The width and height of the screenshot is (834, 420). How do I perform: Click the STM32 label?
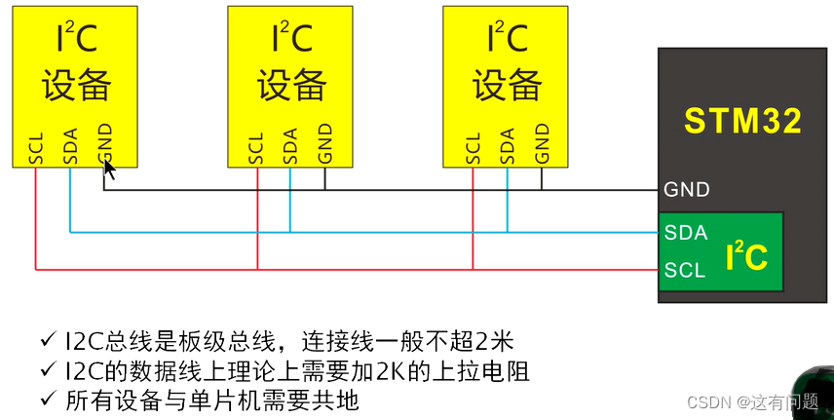tap(742, 121)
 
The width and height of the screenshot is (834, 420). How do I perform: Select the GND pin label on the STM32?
tap(687, 189)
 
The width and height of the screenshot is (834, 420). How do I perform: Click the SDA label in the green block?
tap(685, 233)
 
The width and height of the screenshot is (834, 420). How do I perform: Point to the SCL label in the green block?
tap(684, 270)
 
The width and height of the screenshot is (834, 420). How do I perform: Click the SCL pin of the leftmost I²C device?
tap(36, 146)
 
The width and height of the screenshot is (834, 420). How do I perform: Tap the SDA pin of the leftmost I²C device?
tap(70, 145)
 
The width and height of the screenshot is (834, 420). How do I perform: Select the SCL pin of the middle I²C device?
tap(256, 146)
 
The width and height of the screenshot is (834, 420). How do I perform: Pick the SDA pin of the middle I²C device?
tap(290, 145)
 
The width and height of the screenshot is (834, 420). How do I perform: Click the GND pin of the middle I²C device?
tap(325, 144)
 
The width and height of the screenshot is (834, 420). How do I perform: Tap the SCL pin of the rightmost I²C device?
tap(473, 146)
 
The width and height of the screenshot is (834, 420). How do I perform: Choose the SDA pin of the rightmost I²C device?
tap(507, 145)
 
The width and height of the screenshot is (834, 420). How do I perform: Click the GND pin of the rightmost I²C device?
tap(542, 144)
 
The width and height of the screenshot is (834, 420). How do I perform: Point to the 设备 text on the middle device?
tap(291, 86)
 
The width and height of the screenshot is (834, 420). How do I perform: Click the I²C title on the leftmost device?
tap(74, 39)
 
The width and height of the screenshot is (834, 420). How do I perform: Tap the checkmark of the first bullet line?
tap(48, 340)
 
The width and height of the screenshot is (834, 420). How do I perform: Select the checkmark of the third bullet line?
tap(48, 400)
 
